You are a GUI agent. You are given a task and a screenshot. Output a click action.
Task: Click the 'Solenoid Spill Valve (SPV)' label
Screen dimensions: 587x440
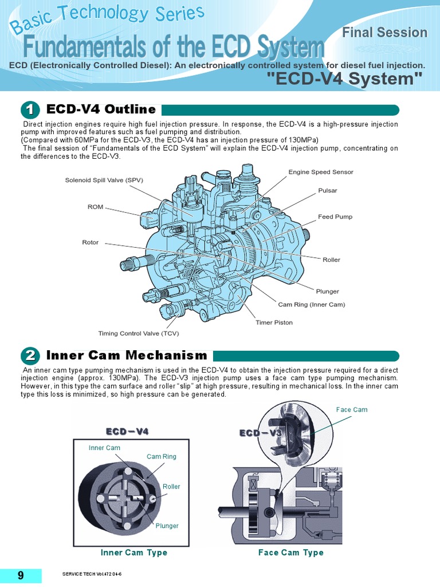tap(104, 180)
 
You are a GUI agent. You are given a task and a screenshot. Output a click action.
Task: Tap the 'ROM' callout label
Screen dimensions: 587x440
tap(95, 207)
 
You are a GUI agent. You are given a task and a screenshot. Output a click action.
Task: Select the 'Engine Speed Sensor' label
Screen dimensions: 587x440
tap(321, 172)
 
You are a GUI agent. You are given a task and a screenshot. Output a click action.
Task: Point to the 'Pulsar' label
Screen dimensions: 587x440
tap(328, 190)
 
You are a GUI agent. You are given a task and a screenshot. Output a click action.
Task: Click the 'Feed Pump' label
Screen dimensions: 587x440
tap(335, 217)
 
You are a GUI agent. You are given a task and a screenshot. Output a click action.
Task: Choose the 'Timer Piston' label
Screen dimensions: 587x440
tap(274, 322)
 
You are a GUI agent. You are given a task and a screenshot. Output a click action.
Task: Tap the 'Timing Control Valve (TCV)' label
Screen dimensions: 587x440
tap(142, 333)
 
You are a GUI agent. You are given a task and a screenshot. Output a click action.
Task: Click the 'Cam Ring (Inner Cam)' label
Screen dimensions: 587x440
tap(312, 304)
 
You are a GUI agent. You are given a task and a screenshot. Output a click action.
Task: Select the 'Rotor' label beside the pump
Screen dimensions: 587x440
tap(91, 242)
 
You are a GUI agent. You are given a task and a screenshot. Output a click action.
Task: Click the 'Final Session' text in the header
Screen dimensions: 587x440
tap(384, 33)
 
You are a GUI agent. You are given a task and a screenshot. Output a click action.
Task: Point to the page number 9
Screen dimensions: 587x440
tap(21, 576)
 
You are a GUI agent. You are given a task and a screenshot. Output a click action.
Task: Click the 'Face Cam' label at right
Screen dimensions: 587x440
tap(352, 409)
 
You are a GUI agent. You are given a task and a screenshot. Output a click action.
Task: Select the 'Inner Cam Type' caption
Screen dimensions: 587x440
tap(134, 553)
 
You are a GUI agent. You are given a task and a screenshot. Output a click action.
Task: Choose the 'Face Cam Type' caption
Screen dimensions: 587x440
tap(290, 553)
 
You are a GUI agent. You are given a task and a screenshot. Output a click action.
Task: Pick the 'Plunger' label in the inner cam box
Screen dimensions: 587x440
tap(167, 526)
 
